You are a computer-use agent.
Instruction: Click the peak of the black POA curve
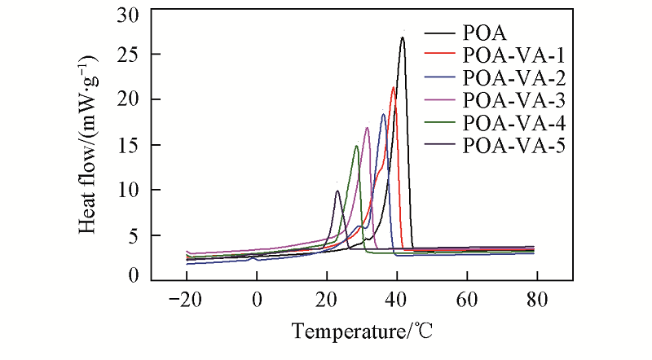tap(403, 37)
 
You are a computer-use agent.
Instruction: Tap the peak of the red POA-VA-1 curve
tap(394, 87)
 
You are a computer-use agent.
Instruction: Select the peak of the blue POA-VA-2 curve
tap(383, 114)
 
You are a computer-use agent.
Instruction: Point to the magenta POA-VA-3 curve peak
tap(368, 128)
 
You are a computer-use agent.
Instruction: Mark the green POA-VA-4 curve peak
tap(356, 147)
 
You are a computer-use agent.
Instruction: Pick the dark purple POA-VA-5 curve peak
tap(337, 191)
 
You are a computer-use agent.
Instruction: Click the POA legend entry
tap(484, 34)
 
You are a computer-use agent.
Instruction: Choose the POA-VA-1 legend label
tap(513, 56)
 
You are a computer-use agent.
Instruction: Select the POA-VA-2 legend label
tap(513, 79)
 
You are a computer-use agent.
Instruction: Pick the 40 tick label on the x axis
tap(397, 298)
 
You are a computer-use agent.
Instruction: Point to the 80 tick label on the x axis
tap(536, 298)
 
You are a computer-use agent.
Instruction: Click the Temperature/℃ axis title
tap(361, 332)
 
